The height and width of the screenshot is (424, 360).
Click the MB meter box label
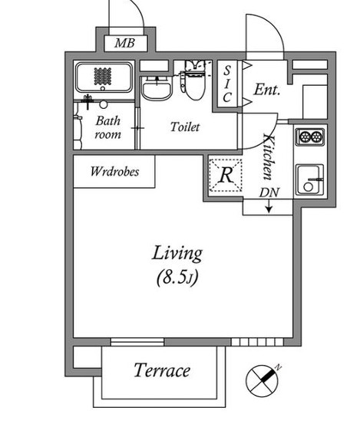click(x=124, y=43)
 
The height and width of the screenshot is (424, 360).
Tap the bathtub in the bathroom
click(x=104, y=77)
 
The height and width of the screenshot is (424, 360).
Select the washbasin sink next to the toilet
click(x=157, y=88)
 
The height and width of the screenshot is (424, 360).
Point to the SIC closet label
click(x=227, y=84)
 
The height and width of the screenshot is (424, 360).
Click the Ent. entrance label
click(x=266, y=90)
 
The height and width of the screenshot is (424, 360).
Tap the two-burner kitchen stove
click(x=310, y=136)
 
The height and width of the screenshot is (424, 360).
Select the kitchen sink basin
click(x=309, y=179)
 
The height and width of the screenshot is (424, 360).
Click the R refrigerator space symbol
click(x=226, y=176)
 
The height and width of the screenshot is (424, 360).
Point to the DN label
click(x=269, y=192)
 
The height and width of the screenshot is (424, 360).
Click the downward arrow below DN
click(x=269, y=206)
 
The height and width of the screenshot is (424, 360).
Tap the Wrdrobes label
click(x=115, y=172)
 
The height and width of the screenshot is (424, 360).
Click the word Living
click(x=177, y=253)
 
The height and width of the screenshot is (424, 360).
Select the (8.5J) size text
click(x=177, y=277)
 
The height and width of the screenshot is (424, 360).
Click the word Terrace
click(x=162, y=370)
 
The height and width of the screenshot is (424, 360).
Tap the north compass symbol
click(x=263, y=381)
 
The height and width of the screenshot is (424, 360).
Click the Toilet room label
click(x=185, y=127)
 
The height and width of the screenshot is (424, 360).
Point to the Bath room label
click(x=107, y=127)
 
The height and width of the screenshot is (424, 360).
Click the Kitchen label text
click(x=269, y=157)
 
